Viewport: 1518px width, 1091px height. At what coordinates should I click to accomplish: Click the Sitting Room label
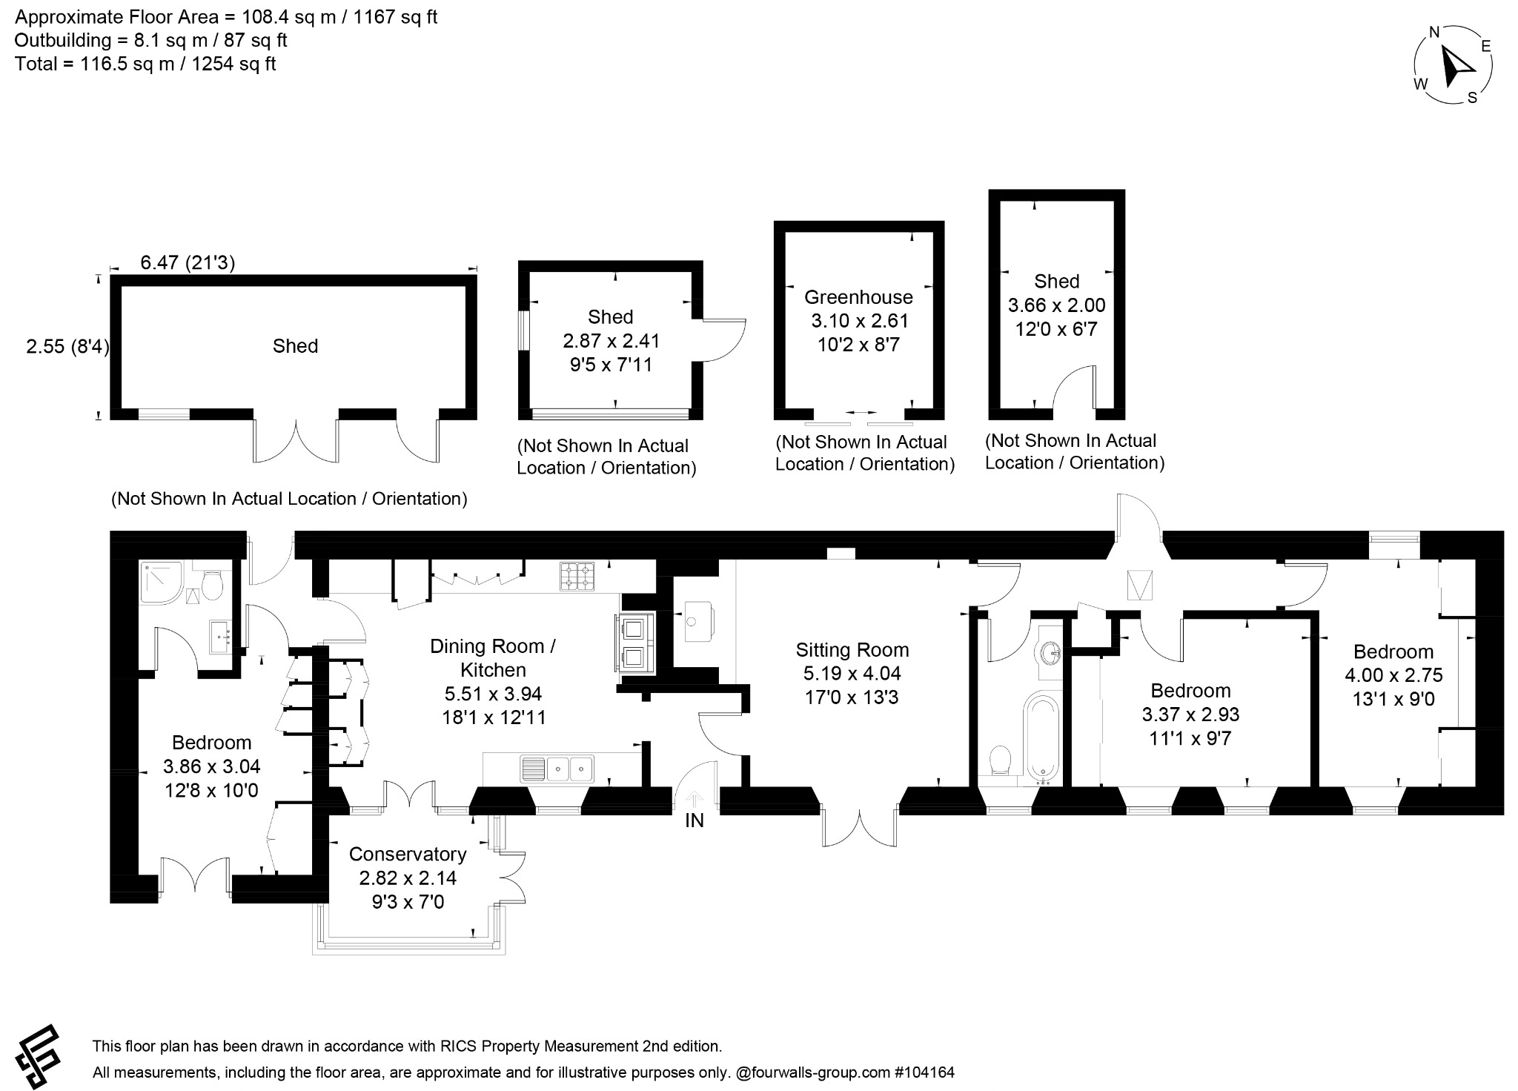(852, 650)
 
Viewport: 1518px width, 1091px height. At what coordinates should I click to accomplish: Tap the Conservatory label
(407, 854)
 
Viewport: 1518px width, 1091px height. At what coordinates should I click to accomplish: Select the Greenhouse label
(858, 297)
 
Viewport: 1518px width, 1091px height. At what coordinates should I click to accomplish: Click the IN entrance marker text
(695, 820)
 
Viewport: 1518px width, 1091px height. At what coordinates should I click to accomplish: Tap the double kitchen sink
(557, 769)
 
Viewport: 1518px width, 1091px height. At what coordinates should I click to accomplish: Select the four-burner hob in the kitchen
(577, 577)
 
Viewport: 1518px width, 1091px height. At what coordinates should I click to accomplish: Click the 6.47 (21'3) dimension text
(188, 262)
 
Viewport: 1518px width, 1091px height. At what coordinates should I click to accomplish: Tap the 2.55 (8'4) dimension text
(67, 346)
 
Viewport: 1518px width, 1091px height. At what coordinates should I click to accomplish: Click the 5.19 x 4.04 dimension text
(852, 674)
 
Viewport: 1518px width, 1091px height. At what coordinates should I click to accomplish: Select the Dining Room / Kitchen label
(493, 657)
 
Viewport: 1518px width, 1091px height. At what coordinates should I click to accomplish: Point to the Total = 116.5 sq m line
(145, 64)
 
